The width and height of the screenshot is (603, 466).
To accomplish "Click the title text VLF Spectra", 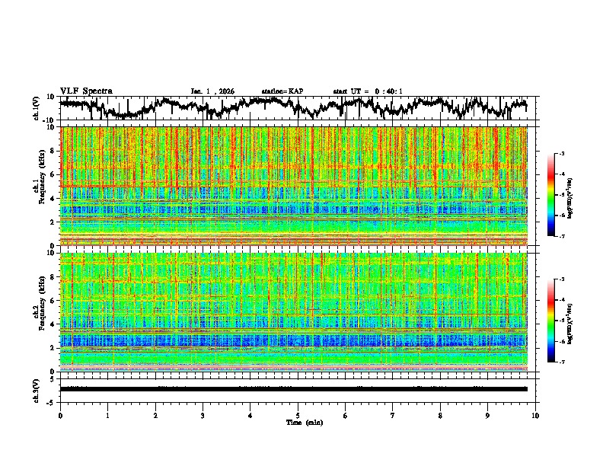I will click(x=86, y=91).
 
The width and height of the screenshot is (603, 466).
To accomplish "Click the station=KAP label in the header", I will click(x=282, y=91).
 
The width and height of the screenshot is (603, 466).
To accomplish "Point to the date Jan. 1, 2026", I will click(x=212, y=91).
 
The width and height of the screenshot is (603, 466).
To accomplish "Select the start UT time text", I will click(x=368, y=91).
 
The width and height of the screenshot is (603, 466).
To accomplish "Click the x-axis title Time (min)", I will click(x=298, y=422).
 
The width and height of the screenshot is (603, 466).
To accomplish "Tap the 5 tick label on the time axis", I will click(x=298, y=415).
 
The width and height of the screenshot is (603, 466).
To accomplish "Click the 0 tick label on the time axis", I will click(x=60, y=415).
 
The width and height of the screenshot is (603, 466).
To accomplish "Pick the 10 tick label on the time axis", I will click(x=535, y=415).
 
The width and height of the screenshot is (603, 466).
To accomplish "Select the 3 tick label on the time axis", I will click(x=203, y=415).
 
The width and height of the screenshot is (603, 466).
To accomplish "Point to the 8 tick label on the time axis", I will click(x=441, y=415).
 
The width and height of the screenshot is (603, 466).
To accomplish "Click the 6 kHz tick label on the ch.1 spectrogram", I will click(x=54, y=174).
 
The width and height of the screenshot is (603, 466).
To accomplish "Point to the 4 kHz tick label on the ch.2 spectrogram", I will click(x=54, y=324).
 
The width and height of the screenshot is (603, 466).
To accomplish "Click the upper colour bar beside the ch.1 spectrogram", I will click(x=560, y=196).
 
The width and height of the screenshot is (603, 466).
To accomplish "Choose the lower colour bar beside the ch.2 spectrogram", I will click(x=560, y=321).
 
